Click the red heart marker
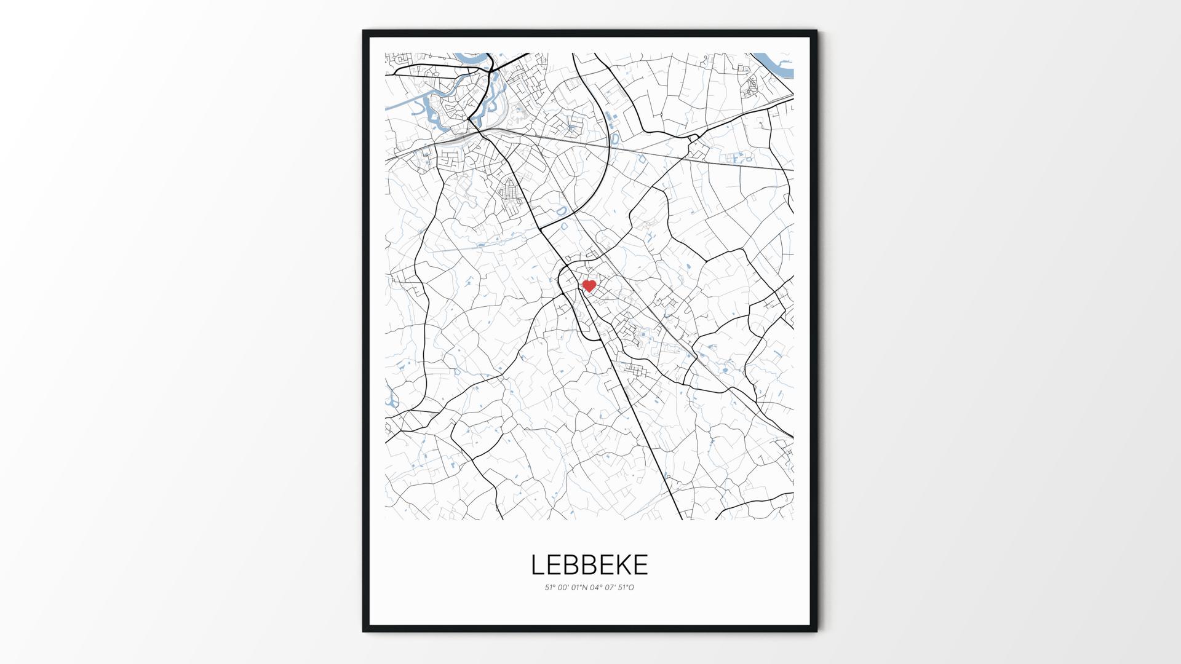[x=589, y=286]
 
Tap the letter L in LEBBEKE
[x=537, y=565]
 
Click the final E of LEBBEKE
[x=640, y=565]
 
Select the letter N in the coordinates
[x=585, y=588]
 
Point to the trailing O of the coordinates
[x=631, y=588]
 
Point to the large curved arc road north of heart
[x=606, y=154]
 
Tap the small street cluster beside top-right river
[x=752, y=86]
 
